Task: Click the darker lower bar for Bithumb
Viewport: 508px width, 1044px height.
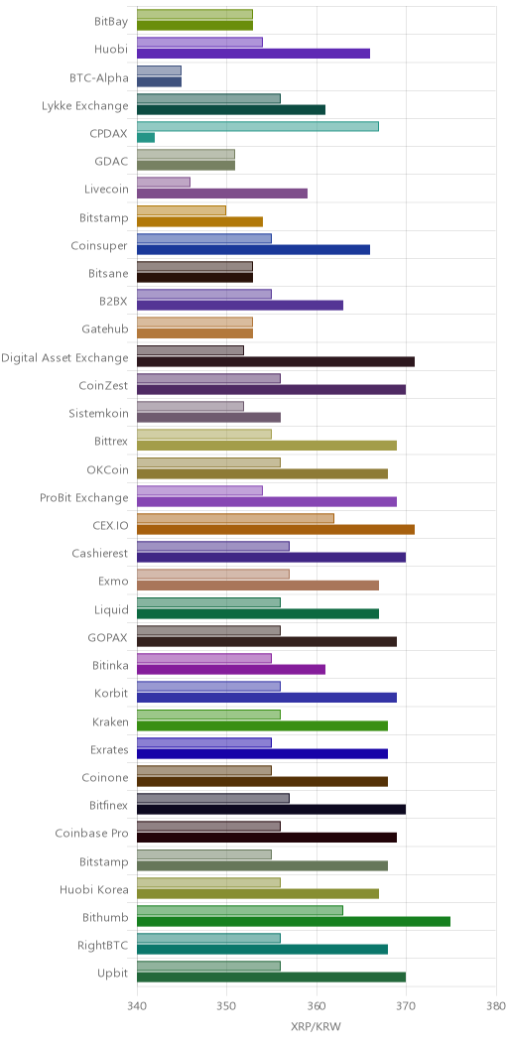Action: pos(294,922)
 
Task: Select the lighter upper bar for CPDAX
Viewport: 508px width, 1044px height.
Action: pos(258,126)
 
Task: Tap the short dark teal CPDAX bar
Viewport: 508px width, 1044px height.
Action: pos(146,137)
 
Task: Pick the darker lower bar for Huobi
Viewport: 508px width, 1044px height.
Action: pos(254,54)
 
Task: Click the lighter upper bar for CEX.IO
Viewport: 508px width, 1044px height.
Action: pos(236,518)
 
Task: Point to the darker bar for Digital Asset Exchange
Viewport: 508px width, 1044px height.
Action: pos(276,361)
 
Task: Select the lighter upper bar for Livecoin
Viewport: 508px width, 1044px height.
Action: pos(164,183)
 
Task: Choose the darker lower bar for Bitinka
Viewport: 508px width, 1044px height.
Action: pos(231,669)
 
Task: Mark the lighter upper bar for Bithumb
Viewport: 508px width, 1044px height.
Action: pos(240,910)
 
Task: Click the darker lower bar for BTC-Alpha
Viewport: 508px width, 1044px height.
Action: pos(159,81)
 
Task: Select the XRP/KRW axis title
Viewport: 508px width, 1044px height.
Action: pos(317,1027)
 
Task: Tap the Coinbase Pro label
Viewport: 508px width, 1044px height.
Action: pos(93,833)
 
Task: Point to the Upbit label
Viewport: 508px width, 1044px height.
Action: pos(114,973)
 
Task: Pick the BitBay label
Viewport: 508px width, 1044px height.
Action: pos(111,22)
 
